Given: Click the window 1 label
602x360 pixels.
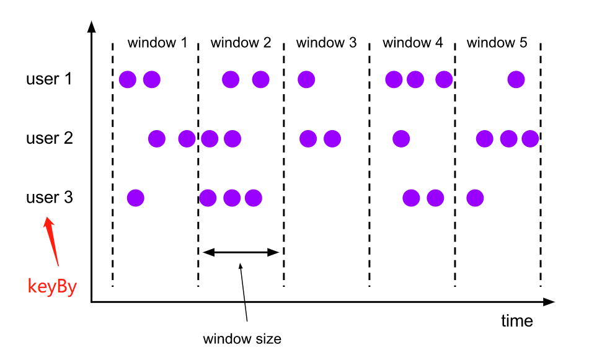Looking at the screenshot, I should (x=157, y=43).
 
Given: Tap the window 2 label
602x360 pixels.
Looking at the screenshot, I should (x=241, y=43).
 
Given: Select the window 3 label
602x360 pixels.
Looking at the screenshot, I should (x=326, y=43).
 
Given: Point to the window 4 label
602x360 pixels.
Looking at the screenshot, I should (x=413, y=43).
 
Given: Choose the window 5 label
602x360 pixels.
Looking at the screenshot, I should (x=497, y=43).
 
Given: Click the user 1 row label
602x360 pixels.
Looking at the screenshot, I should (x=49, y=79).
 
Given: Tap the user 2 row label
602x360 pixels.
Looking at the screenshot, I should (x=49, y=138).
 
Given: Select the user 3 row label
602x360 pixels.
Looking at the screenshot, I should (x=49, y=198).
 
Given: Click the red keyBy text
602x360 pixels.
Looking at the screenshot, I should (x=52, y=287).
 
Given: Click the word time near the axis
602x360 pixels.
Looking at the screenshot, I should (x=517, y=320).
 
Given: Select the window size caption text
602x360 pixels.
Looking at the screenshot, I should (x=242, y=339).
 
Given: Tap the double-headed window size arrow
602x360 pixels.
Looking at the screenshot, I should (x=242, y=252).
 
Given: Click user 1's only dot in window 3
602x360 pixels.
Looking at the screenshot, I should (x=306, y=79).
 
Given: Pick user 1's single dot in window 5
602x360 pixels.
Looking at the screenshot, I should (x=516, y=79).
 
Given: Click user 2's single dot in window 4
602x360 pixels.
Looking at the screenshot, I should (x=401, y=138).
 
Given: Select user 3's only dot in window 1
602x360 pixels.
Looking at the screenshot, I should (x=136, y=198).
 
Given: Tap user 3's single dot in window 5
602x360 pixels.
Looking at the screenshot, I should (x=475, y=198).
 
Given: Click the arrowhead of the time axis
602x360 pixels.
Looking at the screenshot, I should (x=549, y=302).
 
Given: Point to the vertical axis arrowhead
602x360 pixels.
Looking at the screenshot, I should (x=92, y=26).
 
